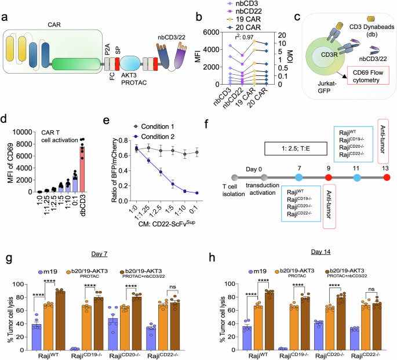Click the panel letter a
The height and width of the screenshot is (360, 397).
(x=5, y=19)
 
